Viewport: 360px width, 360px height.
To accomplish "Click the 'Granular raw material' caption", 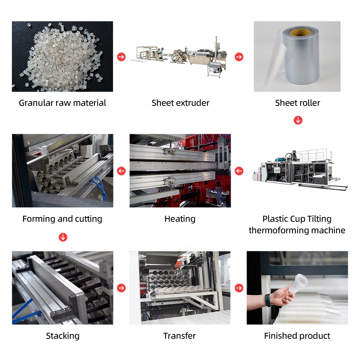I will pos(62,103).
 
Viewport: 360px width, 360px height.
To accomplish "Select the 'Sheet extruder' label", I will pos(180,103).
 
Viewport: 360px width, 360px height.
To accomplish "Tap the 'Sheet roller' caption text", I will pos(297,103).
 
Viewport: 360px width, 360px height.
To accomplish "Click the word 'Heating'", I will pos(180,219).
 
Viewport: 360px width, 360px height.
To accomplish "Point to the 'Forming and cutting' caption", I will pos(62,219).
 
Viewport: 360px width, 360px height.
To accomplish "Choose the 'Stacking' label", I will pos(63,336).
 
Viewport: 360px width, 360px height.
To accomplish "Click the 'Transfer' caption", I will pos(180,336).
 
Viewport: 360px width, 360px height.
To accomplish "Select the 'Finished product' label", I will pos(297,336).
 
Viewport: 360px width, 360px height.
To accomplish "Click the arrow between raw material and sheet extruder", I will pos(121,57).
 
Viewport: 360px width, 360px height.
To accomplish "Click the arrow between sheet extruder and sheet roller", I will pos(239,57).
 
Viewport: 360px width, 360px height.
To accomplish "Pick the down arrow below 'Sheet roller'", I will pos(298,120).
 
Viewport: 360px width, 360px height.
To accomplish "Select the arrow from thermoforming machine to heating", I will pos(239,171).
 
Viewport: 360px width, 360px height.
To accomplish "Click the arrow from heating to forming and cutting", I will pos(121,171).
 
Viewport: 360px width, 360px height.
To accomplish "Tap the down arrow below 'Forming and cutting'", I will pos(63,237).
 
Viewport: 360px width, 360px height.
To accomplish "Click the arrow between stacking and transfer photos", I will pos(121,288).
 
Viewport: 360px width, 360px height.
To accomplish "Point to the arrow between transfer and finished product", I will pos(239,288).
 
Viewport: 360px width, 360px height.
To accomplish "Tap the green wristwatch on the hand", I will pos(267,299).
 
